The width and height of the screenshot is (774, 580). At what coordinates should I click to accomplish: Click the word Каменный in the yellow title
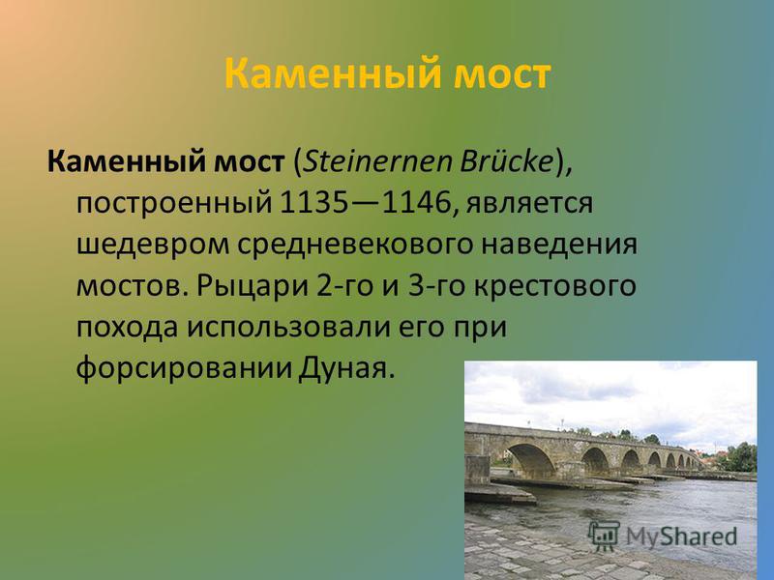click(333, 73)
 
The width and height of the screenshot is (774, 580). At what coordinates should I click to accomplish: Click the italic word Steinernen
click(377, 161)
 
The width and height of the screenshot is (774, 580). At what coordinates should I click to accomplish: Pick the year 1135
click(313, 203)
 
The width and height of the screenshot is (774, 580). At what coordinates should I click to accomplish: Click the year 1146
click(417, 203)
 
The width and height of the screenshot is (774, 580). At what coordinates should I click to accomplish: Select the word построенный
click(174, 204)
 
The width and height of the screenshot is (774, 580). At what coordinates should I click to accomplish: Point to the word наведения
click(559, 246)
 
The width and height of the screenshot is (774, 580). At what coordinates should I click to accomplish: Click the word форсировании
click(183, 367)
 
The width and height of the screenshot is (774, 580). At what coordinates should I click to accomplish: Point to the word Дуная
click(346, 368)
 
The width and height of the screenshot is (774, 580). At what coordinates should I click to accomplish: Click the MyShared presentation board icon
click(604, 536)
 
